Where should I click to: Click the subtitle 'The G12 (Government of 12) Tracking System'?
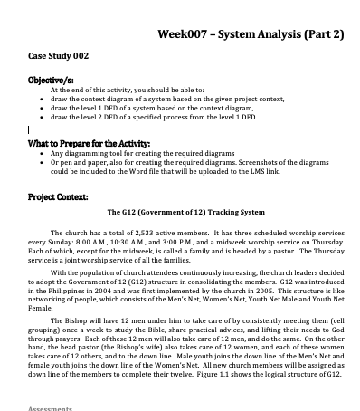tap(186, 214)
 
